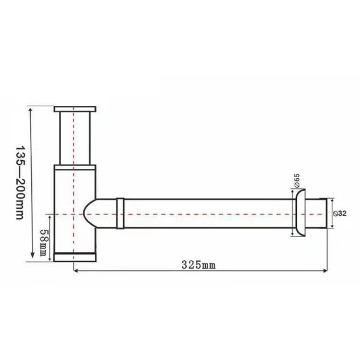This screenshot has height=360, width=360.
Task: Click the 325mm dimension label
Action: [x=197, y=263]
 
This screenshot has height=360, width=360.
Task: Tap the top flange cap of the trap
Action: [x=74, y=109]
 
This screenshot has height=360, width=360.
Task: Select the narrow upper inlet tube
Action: [x=74, y=138]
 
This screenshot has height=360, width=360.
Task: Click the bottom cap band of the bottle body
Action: [x=74, y=257]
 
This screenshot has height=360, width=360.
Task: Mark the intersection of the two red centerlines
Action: [x=73, y=214]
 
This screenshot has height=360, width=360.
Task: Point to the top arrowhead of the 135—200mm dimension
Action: [x=29, y=109]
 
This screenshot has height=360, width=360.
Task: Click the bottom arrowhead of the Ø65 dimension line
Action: [x=292, y=235]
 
